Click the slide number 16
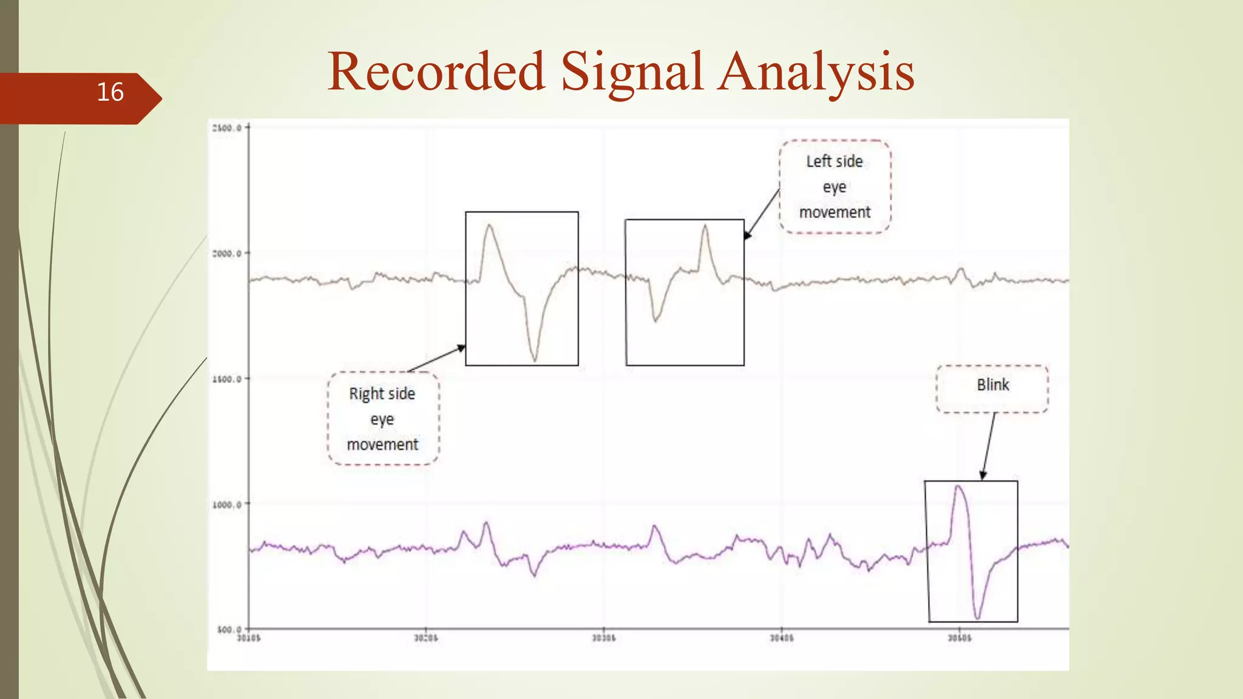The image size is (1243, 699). [110, 92]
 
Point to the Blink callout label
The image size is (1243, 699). [992, 385]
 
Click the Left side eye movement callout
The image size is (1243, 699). [835, 187]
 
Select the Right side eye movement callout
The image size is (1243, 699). [382, 419]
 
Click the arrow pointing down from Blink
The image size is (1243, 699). [989, 446]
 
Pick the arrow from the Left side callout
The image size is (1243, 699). [762, 214]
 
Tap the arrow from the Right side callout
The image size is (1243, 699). [437, 358]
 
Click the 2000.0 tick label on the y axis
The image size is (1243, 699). [227, 254]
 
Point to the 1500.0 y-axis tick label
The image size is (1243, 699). [227, 379]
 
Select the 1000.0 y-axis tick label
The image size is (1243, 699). [227, 505]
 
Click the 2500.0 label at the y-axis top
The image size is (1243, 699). [227, 128]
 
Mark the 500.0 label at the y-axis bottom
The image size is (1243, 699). [229, 630]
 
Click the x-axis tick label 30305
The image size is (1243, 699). [603, 638]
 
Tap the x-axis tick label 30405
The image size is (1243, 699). [781, 638]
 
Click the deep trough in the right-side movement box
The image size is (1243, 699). [535, 359]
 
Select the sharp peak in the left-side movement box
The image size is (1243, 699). [705, 227]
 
